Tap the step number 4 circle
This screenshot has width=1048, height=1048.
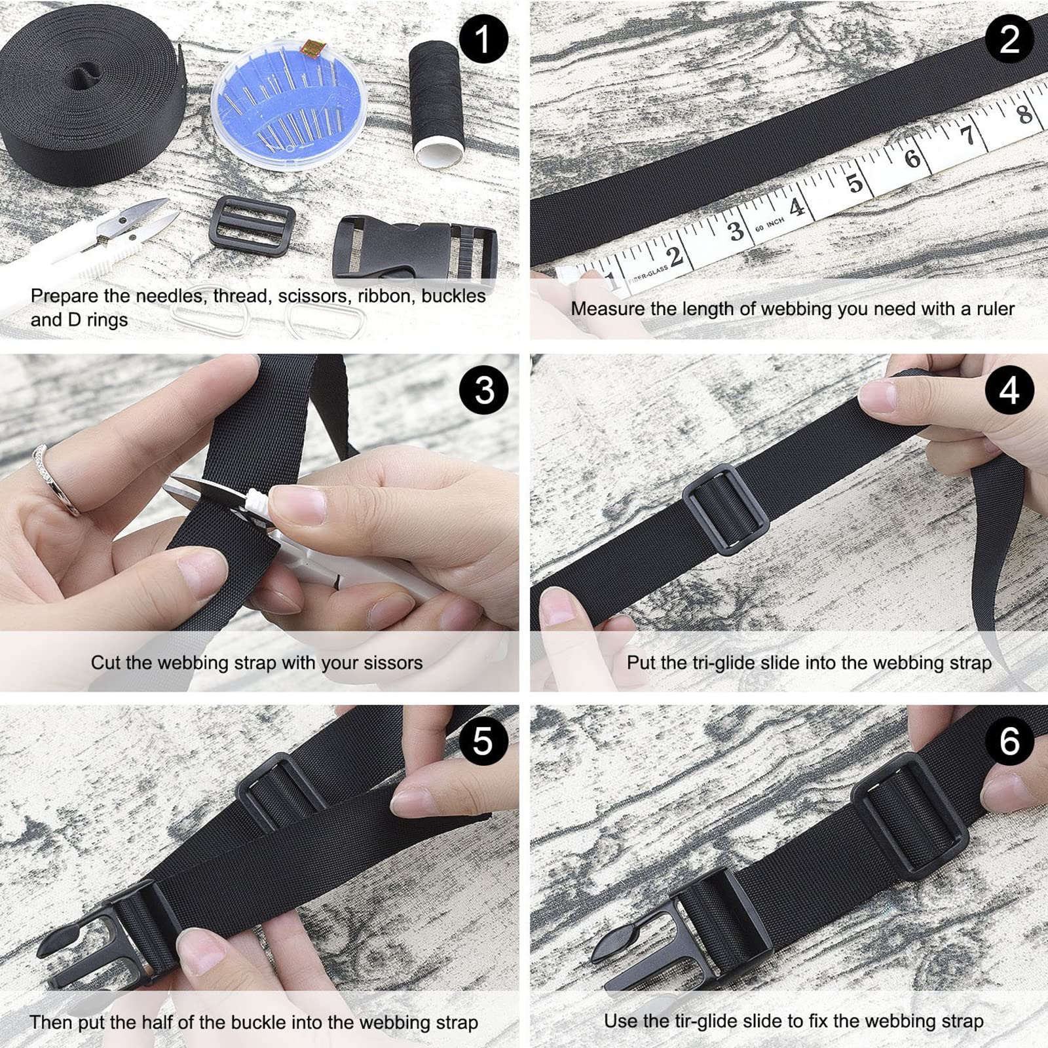(x=1009, y=390)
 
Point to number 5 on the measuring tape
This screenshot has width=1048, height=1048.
(x=855, y=183)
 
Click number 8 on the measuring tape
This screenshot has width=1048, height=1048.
(x=1024, y=113)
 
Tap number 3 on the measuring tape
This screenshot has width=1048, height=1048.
(x=736, y=231)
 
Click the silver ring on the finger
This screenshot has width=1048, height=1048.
(x=56, y=475)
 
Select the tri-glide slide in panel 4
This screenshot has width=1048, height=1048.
(x=725, y=510)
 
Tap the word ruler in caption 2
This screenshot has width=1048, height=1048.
(x=994, y=309)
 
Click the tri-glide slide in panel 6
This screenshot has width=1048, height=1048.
(x=909, y=825)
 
